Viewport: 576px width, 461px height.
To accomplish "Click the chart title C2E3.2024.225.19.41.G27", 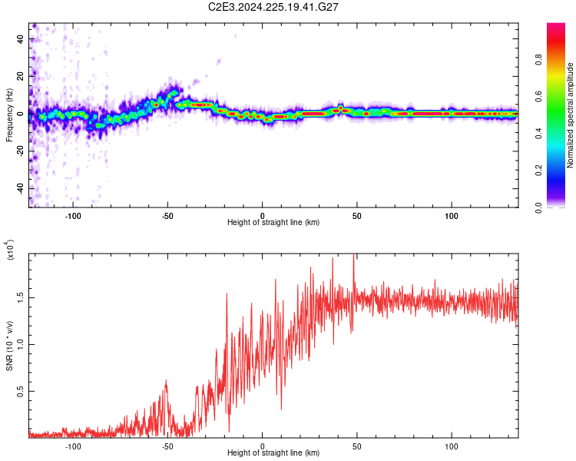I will [x=274, y=7].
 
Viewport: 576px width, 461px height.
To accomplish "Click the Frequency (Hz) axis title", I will [x=9, y=115].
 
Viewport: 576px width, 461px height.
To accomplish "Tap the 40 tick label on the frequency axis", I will [x=22, y=38].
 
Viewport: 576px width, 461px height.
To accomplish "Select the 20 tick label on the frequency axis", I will [x=22, y=76].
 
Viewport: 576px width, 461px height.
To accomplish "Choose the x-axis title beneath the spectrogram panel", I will [x=273, y=223].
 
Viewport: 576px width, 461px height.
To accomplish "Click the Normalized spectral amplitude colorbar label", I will [x=571, y=115].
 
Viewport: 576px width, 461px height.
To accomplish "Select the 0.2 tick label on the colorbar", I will [x=561, y=171].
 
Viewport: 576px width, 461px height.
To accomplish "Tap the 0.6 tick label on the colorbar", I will [x=561, y=96].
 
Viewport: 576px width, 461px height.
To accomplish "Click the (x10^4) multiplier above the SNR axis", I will [x=10, y=250].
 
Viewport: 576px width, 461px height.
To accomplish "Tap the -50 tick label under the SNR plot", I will [x=167, y=446].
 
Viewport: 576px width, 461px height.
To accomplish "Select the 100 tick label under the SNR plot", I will [x=452, y=446].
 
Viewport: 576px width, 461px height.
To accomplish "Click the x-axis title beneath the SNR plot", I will [x=273, y=454].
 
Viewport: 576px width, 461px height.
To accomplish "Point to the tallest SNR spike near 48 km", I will [x=353, y=256].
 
